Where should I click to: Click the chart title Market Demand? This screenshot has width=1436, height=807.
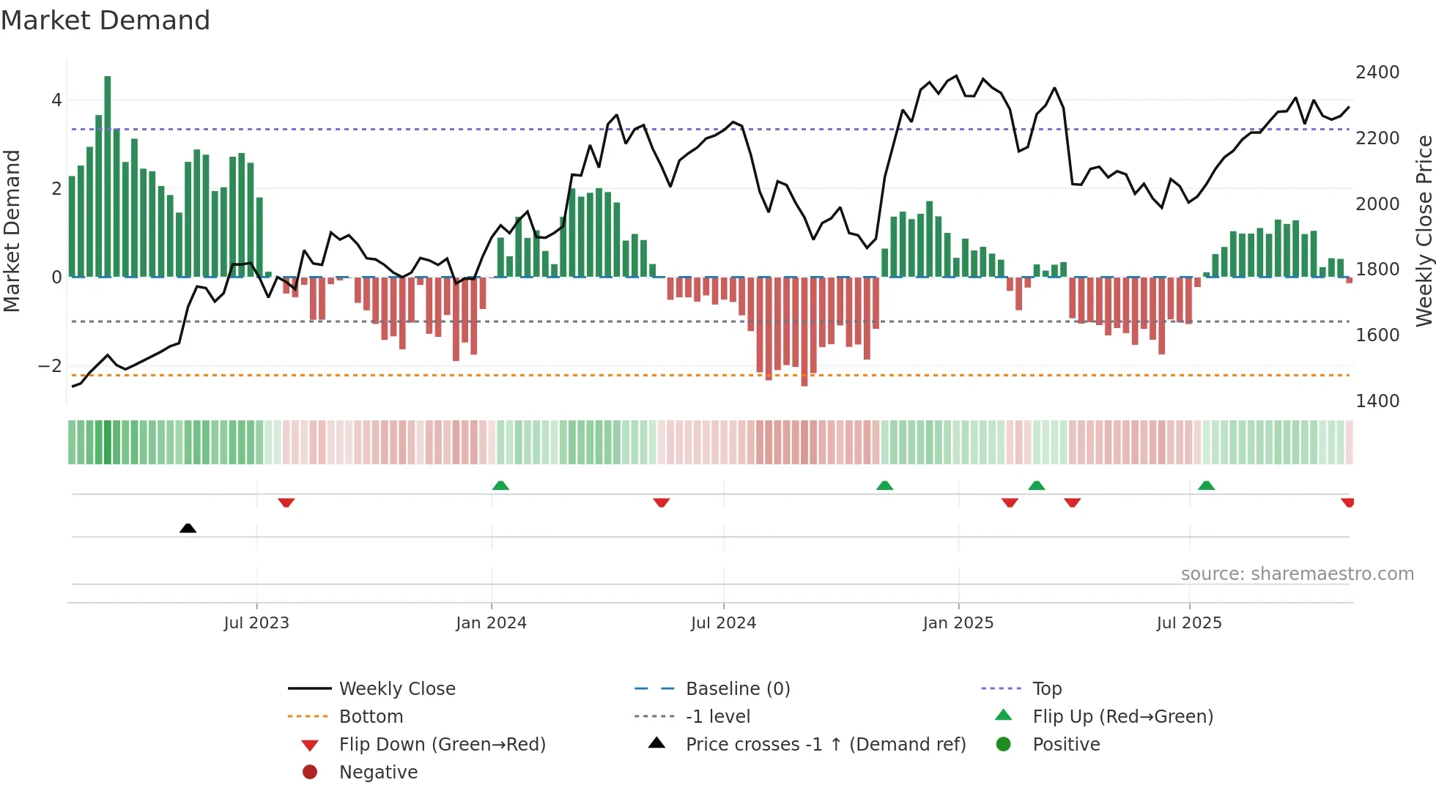point(106,21)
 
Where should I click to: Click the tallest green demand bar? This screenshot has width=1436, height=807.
point(108,176)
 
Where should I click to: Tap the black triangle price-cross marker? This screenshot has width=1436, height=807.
point(188,528)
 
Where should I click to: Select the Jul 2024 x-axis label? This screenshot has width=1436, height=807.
point(723,623)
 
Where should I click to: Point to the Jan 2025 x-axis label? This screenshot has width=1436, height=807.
point(958,623)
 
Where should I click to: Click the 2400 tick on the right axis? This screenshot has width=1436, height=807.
point(1377,72)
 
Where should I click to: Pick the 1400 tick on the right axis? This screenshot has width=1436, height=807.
point(1377,401)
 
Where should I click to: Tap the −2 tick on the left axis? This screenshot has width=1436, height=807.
point(51,365)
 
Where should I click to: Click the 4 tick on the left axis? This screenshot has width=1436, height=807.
point(56,100)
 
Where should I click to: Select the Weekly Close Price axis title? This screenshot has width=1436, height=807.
point(1424,231)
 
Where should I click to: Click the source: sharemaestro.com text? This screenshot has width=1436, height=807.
point(1297,574)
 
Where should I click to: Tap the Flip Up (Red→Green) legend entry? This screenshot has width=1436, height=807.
point(1122,717)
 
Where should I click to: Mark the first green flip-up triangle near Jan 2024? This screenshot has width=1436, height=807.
point(500,486)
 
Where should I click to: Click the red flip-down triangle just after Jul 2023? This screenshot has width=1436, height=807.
point(286,502)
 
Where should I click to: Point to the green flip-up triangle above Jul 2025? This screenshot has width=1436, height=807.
point(1206,486)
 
